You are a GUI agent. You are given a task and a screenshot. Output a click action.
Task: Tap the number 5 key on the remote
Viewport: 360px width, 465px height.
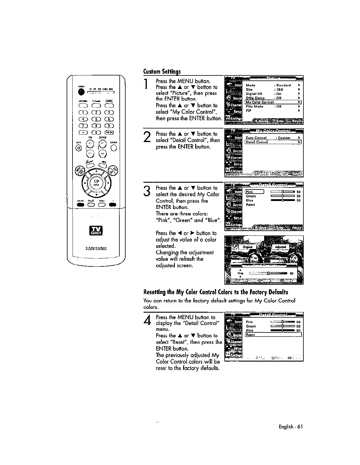pyautogui.click(x=96, y=119)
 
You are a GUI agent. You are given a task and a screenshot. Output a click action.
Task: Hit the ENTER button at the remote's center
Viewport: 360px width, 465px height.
pyautogui.click(x=96, y=183)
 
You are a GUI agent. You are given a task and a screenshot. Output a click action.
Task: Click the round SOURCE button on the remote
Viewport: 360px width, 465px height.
pyautogui.click(x=114, y=148)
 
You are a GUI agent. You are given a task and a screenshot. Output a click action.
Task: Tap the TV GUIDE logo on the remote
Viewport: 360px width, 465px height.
pyautogui.click(x=96, y=231)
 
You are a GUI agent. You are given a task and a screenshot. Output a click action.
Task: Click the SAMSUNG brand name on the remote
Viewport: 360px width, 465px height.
pyautogui.click(x=96, y=248)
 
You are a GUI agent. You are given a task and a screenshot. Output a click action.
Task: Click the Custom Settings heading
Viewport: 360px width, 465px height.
pyautogui.click(x=162, y=72)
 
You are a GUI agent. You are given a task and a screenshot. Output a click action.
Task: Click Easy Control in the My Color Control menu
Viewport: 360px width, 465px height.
pyautogui.click(x=256, y=138)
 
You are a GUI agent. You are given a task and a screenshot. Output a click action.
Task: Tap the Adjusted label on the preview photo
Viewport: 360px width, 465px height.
pyautogui.click(x=280, y=247)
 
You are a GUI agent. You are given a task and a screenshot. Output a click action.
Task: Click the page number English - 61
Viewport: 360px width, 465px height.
pyautogui.click(x=290, y=426)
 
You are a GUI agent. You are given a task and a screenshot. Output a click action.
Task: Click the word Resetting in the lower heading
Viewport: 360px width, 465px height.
pyautogui.click(x=155, y=292)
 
